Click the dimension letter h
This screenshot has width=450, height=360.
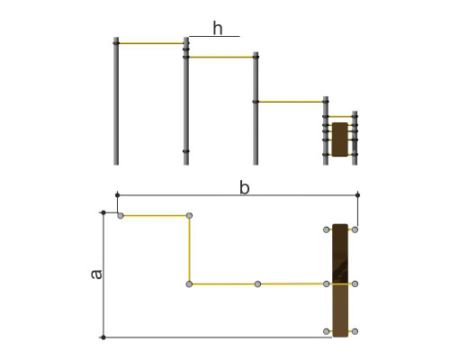pos(218,28)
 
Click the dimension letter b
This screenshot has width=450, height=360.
pos(245,188)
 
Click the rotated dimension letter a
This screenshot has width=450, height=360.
pos(96,274)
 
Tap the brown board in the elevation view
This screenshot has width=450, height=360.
pos(340,139)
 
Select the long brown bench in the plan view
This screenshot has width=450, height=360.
pos(340,280)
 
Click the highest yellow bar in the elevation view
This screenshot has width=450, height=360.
pos(151,43)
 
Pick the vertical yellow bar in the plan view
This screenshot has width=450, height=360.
pos(189,249)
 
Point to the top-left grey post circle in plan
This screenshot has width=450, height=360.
pos(121,216)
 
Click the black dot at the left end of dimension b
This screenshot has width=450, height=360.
pos(117,195)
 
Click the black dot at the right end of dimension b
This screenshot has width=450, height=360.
pos(357,195)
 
